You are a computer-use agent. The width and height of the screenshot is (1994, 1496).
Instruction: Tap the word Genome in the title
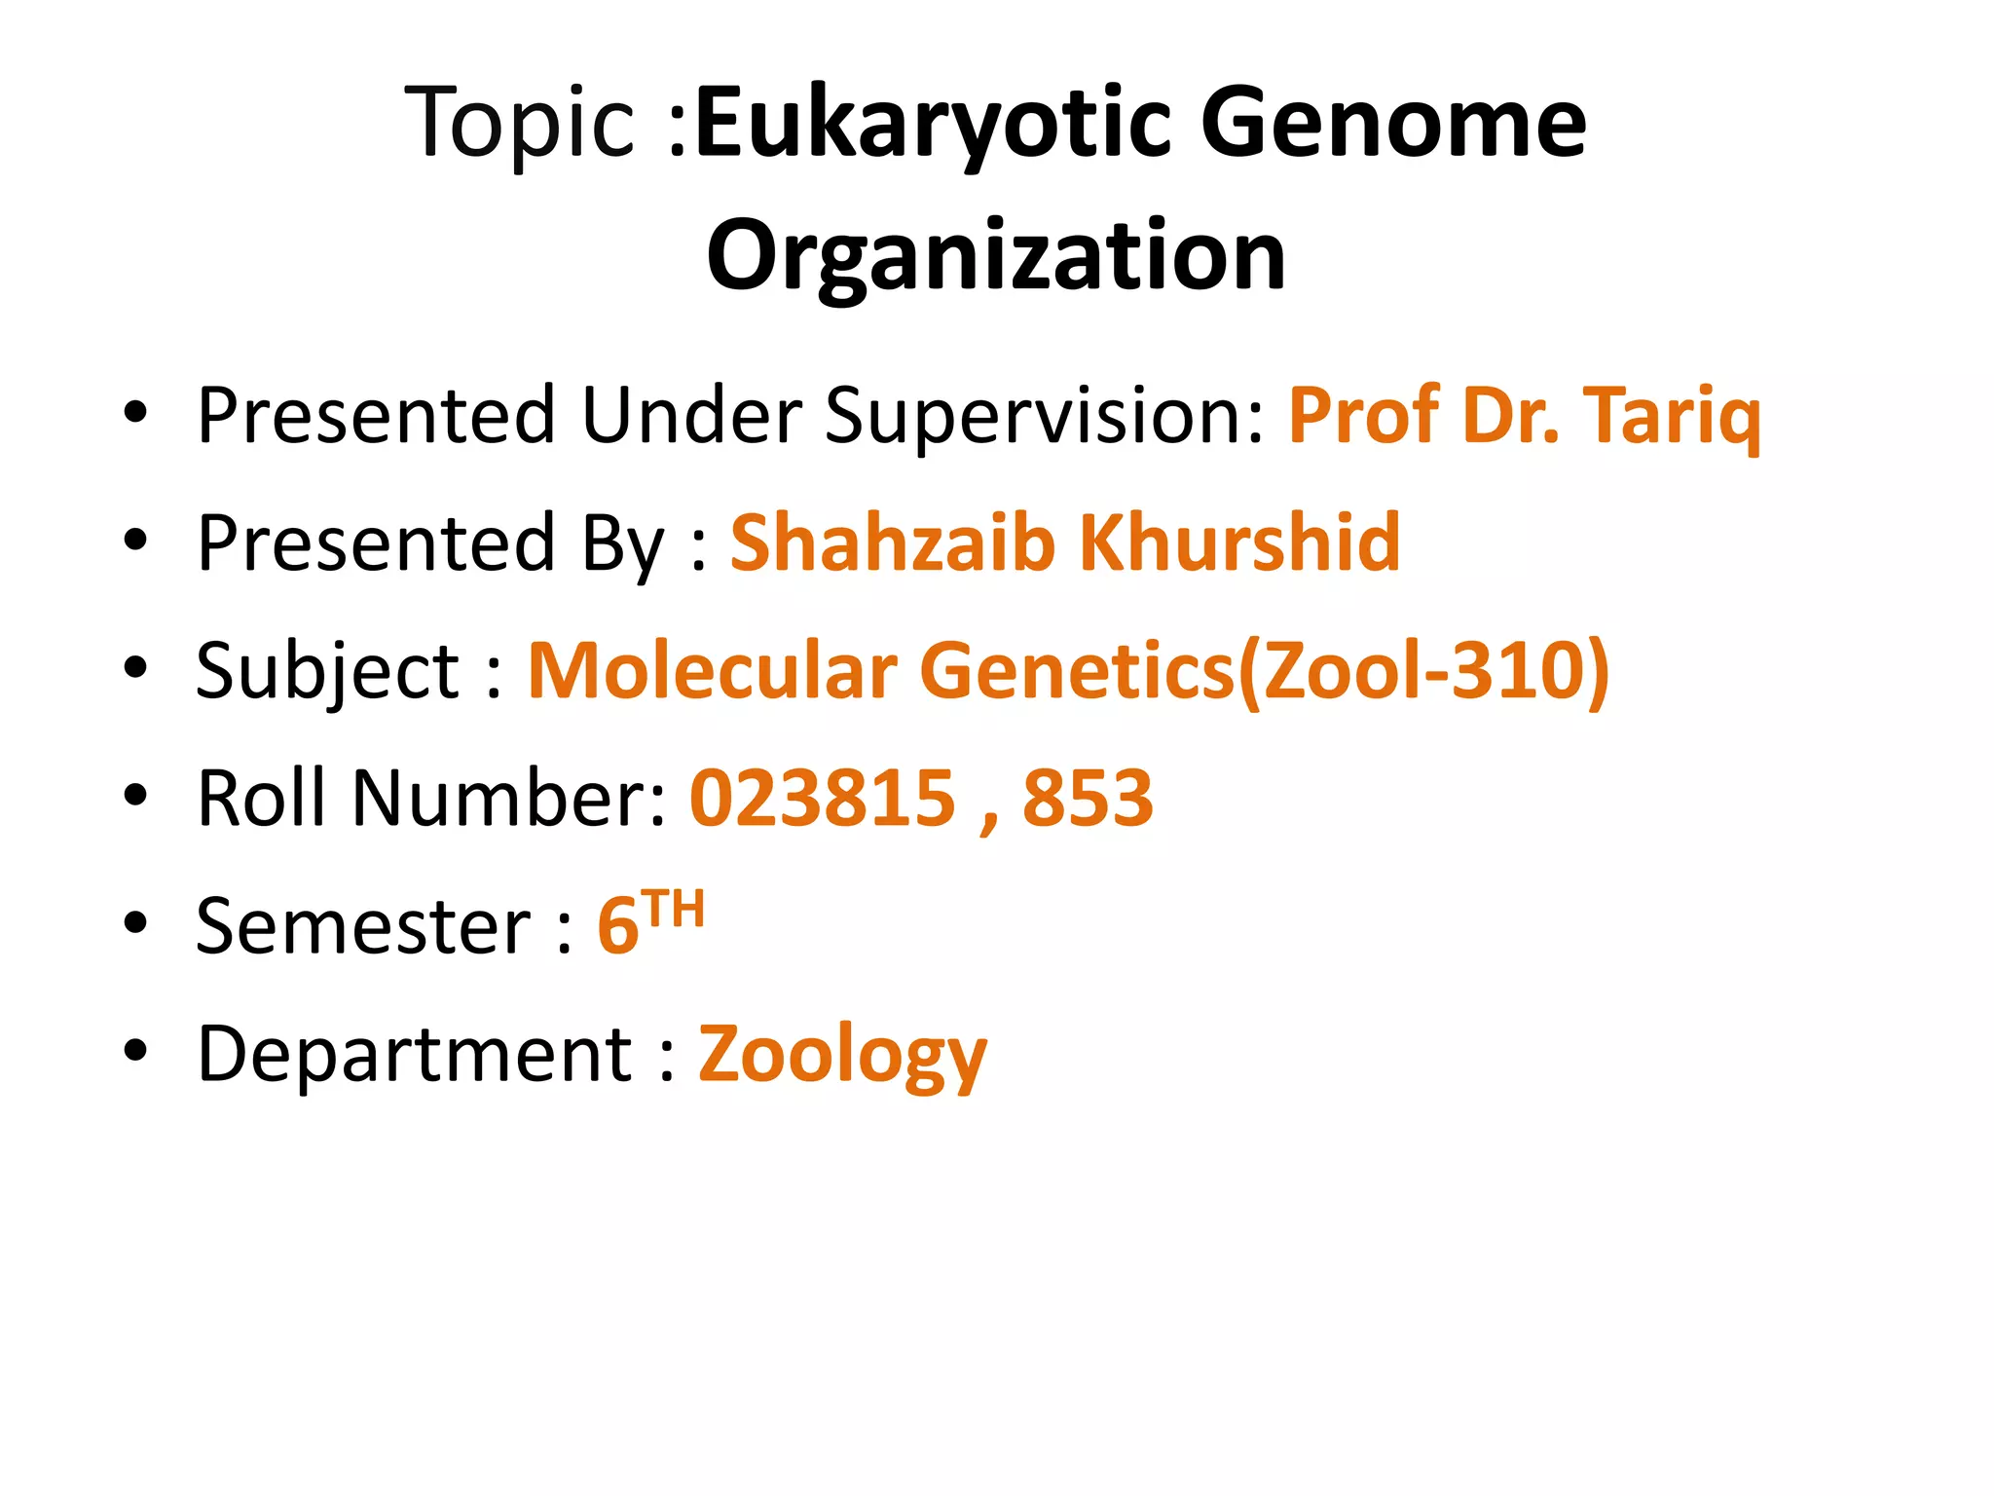coord(1393,123)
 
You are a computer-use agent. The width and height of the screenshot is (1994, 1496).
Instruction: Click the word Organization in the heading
coord(996,255)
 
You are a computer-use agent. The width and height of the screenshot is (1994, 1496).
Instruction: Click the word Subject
coord(327,672)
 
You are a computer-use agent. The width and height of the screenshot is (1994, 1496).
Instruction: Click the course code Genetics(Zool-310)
coord(1264,672)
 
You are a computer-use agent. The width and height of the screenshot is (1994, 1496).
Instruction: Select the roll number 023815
coord(822,799)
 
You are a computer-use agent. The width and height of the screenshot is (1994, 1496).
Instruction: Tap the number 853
coord(1088,799)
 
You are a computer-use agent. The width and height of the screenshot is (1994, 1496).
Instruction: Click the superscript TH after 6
coord(673,910)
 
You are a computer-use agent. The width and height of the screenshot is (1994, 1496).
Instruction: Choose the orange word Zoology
coord(842,1056)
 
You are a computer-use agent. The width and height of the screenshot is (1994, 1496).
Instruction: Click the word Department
coord(415,1054)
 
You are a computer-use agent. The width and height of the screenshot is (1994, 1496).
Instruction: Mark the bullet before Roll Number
coord(135,796)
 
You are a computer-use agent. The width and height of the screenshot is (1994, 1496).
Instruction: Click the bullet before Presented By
coord(135,540)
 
